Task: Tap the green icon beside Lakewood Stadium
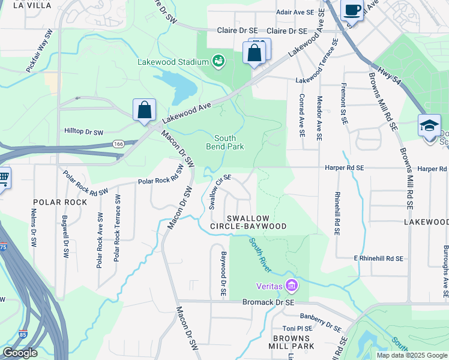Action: click(x=218, y=61)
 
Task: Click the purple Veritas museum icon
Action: click(x=292, y=284)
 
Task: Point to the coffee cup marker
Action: click(x=352, y=10)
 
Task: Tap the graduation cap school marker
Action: click(x=429, y=127)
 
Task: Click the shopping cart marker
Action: click(x=3, y=178)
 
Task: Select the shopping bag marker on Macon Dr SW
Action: click(x=144, y=110)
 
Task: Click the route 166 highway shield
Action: click(x=118, y=144)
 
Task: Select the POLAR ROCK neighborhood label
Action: click(x=60, y=202)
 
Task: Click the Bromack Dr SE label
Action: click(x=268, y=302)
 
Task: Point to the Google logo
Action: click(x=19, y=353)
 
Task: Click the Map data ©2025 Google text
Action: click(x=411, y=355)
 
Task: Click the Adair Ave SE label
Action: click(x=295, y=12)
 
